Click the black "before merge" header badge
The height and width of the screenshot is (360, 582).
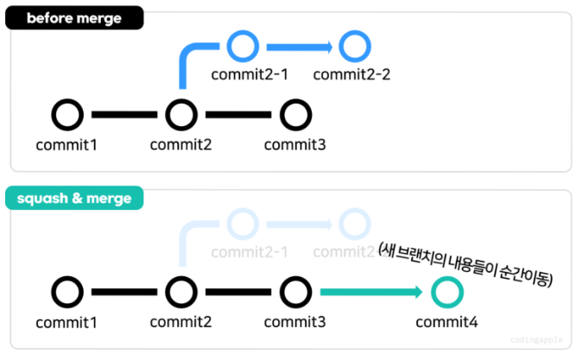73,19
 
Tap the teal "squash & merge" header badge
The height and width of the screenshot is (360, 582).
73,198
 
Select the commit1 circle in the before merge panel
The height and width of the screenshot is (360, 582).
67,114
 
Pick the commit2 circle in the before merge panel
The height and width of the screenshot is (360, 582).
180,114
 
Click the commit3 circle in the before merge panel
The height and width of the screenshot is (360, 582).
295,114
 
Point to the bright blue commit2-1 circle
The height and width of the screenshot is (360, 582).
243,45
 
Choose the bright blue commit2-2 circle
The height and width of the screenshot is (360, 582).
352,45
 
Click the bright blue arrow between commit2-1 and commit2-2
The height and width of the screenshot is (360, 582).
298,45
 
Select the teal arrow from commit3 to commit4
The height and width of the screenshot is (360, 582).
371,293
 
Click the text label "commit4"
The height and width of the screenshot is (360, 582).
446,322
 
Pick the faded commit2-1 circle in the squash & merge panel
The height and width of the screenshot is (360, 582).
243,224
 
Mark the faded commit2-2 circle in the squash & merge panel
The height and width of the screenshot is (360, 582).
352,224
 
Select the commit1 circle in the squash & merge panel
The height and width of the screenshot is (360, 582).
67,293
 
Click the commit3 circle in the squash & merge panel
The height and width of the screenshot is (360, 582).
295,293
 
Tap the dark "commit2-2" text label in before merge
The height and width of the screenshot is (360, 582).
352,74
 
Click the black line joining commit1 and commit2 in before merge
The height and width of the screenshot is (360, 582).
123,114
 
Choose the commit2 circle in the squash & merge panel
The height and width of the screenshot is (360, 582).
180,293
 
